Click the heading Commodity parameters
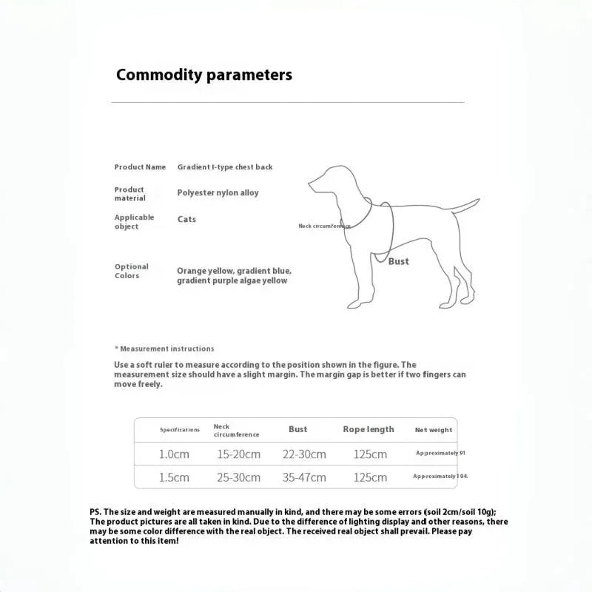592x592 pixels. coord(203,75)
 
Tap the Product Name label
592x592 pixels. coord(140,167)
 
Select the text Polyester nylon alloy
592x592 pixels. coord(218,193)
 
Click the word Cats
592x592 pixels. coord(186,220)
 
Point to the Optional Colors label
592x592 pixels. coord(132,271)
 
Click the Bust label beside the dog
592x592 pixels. coord(398,261)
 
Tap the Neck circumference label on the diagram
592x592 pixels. coord(324,226)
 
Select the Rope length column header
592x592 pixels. coord(369,429)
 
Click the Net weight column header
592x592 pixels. coord(433,430)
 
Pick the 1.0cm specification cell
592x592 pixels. coord(174,454)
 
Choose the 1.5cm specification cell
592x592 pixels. coord(174,477)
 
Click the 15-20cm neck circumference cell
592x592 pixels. coord(238,454)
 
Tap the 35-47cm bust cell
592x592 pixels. coord(304,477)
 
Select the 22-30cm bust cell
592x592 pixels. coord(304,454)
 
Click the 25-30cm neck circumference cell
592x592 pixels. coord(238,477)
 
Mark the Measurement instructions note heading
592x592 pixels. coord(164,349)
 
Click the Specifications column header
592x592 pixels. coord(180,430)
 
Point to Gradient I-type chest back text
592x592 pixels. coord(225,167)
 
